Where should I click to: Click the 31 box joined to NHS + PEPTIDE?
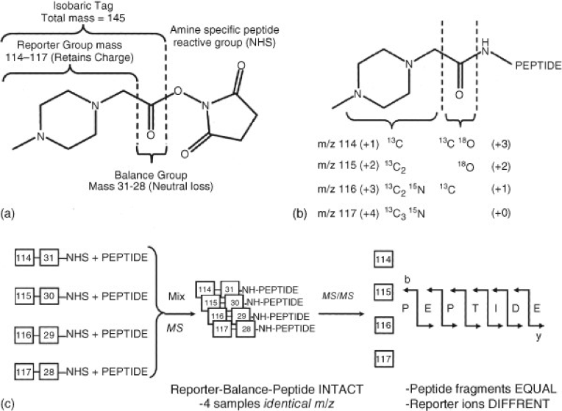tap(49, 260)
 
